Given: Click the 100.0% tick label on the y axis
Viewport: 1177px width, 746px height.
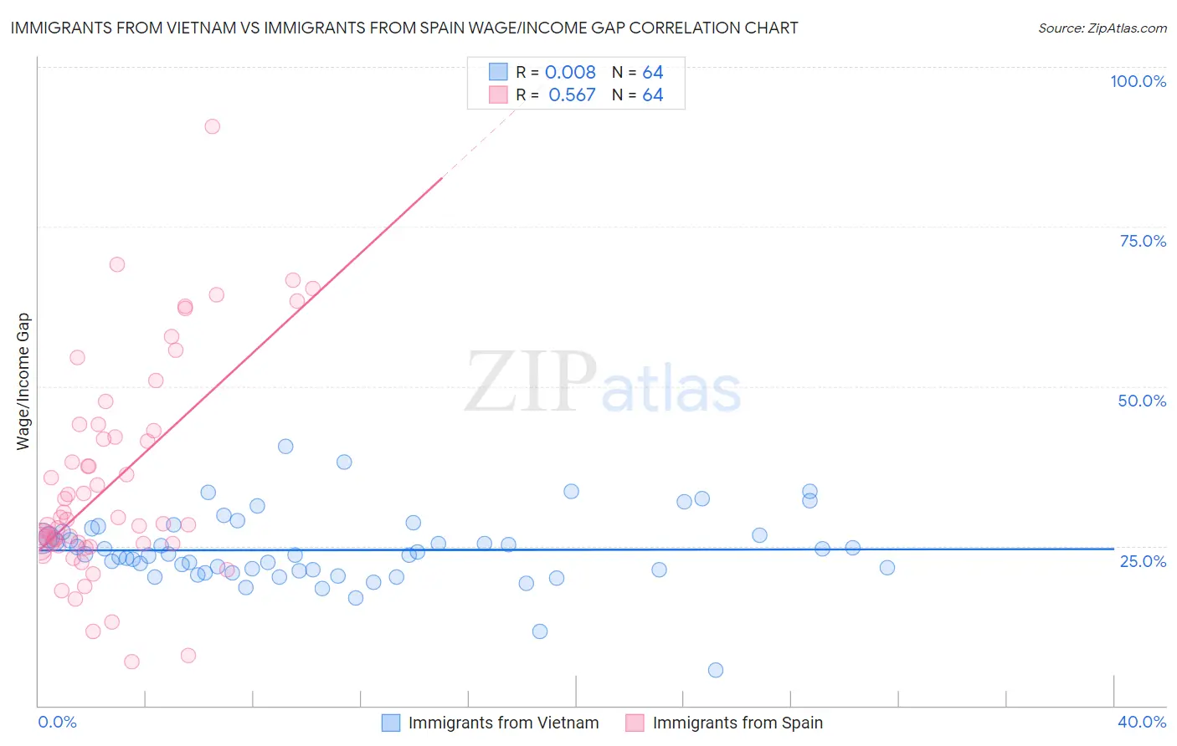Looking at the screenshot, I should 1138,81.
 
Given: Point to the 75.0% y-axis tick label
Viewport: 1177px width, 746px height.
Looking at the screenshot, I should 1143,241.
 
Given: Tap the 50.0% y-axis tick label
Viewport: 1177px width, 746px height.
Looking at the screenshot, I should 1142,401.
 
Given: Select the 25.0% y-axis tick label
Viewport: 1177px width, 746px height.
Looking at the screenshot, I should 1143,561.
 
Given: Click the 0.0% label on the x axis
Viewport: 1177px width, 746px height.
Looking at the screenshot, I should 57,722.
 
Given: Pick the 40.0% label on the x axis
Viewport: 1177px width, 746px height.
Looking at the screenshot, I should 1142,722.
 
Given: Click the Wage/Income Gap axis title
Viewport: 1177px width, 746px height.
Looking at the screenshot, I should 23,381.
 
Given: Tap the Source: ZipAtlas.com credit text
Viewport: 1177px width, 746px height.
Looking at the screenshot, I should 1102,28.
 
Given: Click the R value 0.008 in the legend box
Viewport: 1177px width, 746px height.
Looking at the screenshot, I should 570,73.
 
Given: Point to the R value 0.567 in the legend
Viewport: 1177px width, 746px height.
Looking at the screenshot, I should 572,95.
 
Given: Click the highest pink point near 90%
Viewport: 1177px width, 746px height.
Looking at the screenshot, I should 213,126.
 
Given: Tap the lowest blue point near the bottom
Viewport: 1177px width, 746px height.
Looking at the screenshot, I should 716,670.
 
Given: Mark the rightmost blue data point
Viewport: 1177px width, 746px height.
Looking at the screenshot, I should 887,568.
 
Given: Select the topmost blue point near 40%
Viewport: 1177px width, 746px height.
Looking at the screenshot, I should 285,447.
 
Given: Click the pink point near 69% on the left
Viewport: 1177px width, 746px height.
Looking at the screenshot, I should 117,264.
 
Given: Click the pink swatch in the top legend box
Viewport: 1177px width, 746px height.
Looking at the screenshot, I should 498,95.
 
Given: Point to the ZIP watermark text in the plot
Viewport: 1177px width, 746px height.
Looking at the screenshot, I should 531,382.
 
